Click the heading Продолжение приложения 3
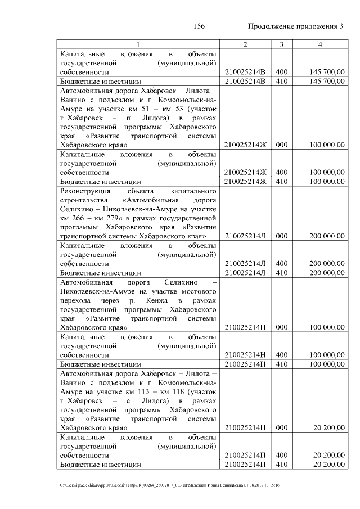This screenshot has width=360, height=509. pyautogui.click(x=295, y=26)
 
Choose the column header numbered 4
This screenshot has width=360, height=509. pyautogui.click(x=319, y=44)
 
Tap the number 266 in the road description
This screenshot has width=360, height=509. pyautogui.click(x=80, y=218)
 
